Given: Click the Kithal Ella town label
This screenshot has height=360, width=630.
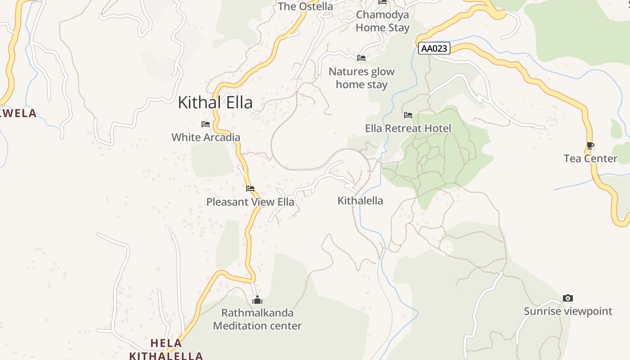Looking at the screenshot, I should point(215,103).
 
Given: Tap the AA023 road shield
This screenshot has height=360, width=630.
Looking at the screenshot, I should point(434,48).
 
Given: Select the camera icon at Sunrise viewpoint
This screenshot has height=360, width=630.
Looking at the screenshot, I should point(568,298).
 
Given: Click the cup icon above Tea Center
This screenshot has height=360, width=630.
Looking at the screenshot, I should point(590,145).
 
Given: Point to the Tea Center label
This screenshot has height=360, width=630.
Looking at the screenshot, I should point(590,158).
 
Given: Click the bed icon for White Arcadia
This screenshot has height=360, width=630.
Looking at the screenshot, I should point(206,124).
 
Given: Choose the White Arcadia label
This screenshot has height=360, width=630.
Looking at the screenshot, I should point(206,137).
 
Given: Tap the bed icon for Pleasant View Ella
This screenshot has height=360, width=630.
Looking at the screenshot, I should point(250,189).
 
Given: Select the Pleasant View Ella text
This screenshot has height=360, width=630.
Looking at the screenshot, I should point(250,202).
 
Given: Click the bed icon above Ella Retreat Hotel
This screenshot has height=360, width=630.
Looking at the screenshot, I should point(408,115).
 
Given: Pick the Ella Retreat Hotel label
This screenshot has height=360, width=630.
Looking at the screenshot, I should point(408,128).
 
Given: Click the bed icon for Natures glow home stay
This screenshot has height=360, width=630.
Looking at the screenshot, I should point(361,58).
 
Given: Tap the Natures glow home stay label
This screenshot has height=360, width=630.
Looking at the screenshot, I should point(361,78).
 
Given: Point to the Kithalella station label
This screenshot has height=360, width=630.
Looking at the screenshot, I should point(360,201).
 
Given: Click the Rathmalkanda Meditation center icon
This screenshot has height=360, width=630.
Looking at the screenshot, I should point(257,300).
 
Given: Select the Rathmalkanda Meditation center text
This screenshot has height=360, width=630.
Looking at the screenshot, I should point(257,319).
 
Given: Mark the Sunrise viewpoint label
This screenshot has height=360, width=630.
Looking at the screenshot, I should point(568,311).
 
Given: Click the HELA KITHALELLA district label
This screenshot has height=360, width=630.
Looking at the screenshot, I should point(166,350).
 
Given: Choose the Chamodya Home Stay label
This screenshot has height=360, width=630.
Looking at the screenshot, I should point(382,21).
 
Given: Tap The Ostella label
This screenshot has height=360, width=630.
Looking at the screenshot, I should point(306,6).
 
